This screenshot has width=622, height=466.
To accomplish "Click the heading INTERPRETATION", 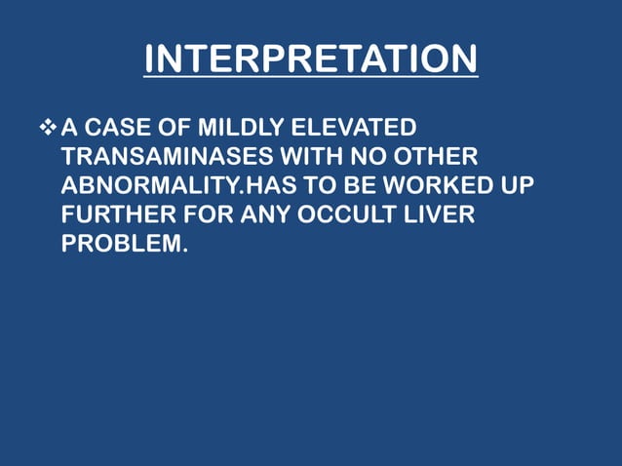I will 311,59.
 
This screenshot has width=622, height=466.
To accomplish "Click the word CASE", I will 119,128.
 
